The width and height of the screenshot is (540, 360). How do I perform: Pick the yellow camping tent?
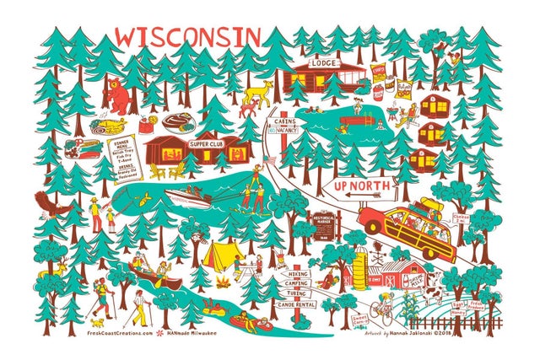click(x=219, y=253)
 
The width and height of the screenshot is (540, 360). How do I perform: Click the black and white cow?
click(x=431, y=293)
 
